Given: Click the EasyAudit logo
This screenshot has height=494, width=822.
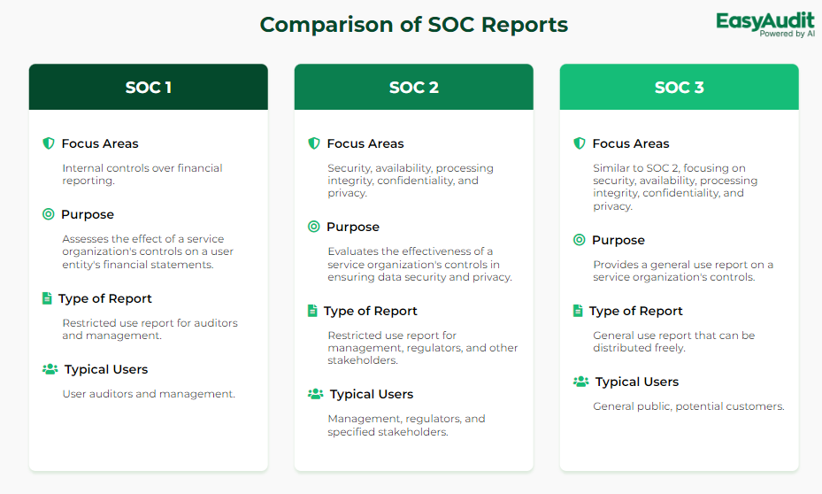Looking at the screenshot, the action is (764, 25).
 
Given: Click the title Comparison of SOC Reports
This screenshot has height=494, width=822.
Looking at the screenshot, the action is (413, 25).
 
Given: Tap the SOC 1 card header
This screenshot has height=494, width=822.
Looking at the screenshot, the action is (149, 87).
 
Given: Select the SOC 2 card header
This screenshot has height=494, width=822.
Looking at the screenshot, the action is (413, 87).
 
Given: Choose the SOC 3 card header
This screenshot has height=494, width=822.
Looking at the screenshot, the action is (679, 87).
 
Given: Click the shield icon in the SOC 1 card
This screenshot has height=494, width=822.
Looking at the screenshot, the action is (49, 143).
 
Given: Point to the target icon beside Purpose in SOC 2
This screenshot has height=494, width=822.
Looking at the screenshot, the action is (313, 227).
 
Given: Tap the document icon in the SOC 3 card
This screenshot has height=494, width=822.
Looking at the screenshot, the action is (578, 311).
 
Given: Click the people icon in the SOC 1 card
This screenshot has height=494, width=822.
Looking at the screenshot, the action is (50, 369).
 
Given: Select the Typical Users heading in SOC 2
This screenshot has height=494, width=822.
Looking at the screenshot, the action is (371, 394).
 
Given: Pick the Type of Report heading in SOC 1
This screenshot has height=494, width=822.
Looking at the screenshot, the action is (104, 298).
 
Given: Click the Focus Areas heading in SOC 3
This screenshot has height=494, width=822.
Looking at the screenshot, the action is (631, 143).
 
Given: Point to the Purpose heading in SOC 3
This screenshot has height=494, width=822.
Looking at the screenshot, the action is (618, 240).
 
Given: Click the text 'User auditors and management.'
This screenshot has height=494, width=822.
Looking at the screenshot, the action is (149, 394).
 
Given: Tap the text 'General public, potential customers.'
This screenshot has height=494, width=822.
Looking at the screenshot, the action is (688, 406).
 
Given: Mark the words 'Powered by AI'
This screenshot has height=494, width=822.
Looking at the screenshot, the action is (787, 34).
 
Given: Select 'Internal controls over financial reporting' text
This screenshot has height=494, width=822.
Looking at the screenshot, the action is (142, 174).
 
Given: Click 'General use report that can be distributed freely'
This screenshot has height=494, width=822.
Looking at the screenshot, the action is (673, 342).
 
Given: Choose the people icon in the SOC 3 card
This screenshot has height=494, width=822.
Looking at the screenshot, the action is (580, 382).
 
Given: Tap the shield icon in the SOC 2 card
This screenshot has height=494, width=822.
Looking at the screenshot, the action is (313, 143).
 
